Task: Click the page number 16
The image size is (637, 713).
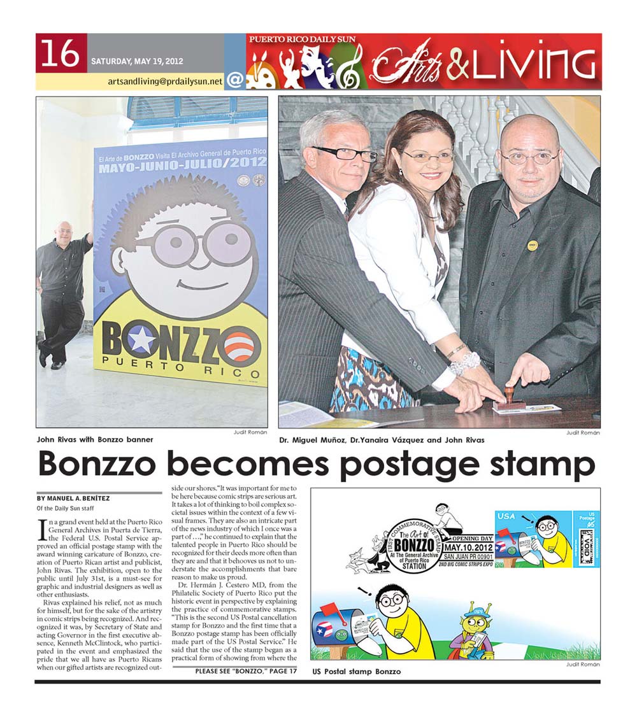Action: point(62,53)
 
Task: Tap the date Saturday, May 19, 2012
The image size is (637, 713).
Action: point(137,62)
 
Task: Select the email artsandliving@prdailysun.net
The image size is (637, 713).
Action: point(165,81)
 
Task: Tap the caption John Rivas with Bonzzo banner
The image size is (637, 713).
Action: point(95,439)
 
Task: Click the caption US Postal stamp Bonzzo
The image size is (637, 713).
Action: point(356,672)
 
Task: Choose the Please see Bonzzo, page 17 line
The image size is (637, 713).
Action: point(246,671)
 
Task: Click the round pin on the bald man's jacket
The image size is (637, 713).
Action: point(531,244)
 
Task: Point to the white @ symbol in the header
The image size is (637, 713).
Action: point(234,80)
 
